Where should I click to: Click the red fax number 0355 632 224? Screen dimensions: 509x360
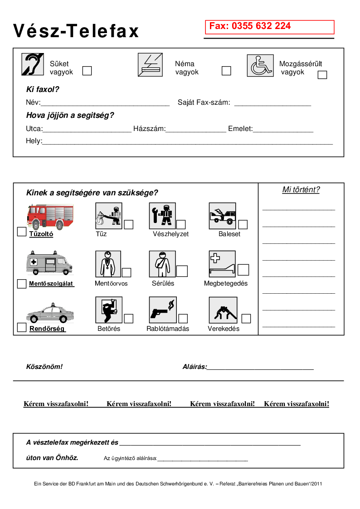(250, 26)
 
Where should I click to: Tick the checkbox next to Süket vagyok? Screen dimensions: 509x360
(87, 71)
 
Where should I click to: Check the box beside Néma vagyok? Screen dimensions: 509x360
(226, 71)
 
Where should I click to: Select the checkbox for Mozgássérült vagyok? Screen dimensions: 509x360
(322, 75)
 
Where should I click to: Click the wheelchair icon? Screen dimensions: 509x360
(260, 66)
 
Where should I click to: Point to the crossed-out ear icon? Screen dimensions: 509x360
(33, 64)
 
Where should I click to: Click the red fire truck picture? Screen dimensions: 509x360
(50, 217)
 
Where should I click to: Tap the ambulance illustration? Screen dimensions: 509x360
(49, 262)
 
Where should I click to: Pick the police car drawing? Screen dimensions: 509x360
(49, 313)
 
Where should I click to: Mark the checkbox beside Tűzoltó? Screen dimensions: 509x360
(21, 232)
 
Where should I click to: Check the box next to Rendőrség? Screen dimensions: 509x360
(21, 327)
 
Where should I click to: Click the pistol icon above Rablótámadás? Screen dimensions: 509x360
(162, 310)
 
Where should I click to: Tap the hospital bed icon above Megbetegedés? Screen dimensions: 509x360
(222, 264)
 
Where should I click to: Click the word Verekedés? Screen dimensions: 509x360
(224, 329)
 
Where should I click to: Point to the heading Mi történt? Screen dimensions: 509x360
(301, 190)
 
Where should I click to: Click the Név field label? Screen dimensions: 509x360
(33, 102)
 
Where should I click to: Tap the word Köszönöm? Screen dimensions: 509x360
(44, 367)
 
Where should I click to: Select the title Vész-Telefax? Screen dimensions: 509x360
(76, 31)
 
